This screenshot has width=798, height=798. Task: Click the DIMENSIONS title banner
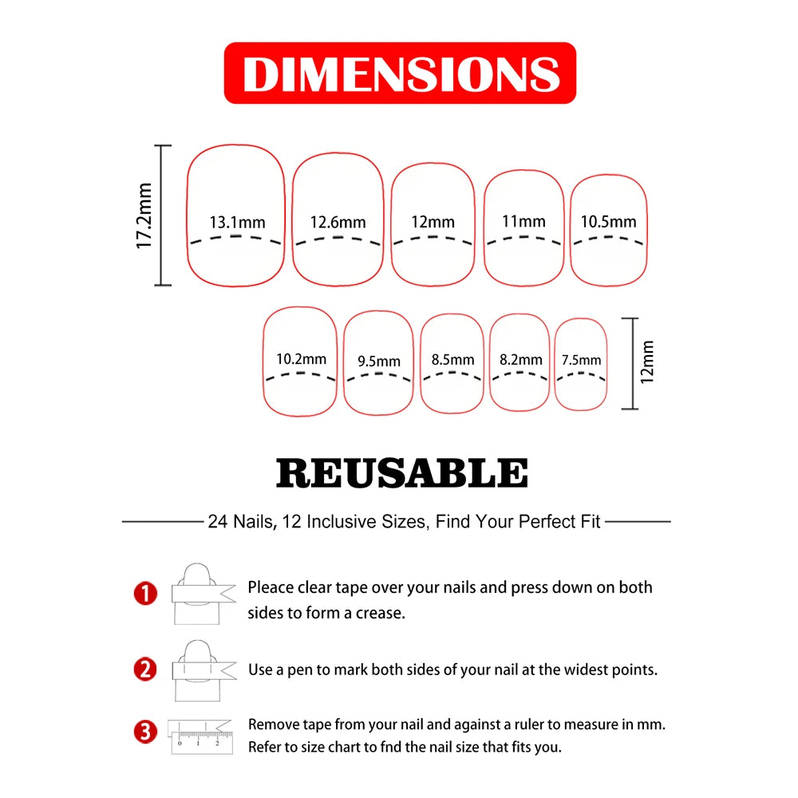tap(400, 73)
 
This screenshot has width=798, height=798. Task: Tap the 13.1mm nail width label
tap(237, 223)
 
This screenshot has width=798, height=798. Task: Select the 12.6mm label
tap(338, 223)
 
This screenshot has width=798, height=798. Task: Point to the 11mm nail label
tap(523, 222)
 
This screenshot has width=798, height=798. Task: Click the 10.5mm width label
tap(609, 222)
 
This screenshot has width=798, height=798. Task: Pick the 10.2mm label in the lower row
tap(302, 359)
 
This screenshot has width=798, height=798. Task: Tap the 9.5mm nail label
tap(378, 361)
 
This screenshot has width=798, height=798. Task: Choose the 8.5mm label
tap(452, 360)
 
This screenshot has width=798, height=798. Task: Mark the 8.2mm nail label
tap(520, 360)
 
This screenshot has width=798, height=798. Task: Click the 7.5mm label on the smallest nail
tap(581, 361)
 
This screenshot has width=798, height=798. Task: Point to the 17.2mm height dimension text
tap(144, 215)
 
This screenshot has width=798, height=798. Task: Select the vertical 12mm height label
tap(647, 362)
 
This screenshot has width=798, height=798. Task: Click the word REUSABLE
tap(402, 472)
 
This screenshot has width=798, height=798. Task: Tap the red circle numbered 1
tap(145, 594)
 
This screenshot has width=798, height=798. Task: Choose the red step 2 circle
tap(145, 670)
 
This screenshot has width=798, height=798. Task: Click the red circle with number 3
tap(145, 733)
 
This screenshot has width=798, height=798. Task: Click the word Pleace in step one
tap(271, 587)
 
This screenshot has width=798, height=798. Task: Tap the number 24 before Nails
tap(218, 522)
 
